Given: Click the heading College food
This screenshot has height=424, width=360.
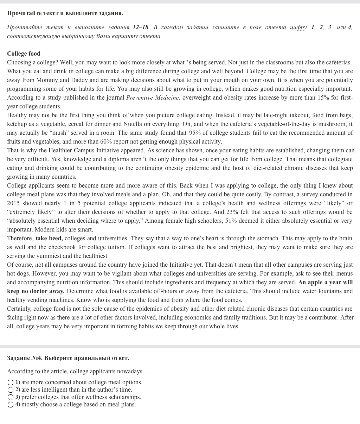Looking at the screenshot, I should click(24, 53).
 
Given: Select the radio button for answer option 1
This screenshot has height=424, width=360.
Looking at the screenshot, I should click(11, 382).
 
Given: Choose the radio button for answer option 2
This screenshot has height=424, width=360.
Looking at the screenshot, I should click(11, 390).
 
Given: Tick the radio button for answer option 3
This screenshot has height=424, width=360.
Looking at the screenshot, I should click(11, 397).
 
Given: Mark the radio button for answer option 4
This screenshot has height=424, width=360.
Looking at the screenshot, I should click(11, 405).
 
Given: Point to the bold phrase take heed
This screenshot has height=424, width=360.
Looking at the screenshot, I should click(49, 238).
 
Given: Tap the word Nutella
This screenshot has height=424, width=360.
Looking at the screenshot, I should click(133, 124).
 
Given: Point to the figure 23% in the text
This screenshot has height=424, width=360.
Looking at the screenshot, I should click(232, 212).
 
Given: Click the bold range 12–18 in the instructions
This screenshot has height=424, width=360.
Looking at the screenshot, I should click(140, 27).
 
